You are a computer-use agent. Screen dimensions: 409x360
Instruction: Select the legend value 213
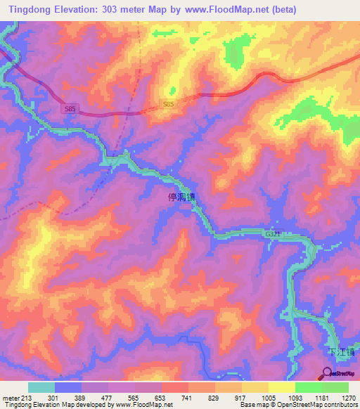27,396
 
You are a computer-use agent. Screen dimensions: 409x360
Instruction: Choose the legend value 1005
269,396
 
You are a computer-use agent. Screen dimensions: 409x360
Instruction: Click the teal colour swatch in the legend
41,387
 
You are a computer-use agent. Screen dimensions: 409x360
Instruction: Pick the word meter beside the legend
10,396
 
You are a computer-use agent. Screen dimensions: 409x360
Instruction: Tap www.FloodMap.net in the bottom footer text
145,404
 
